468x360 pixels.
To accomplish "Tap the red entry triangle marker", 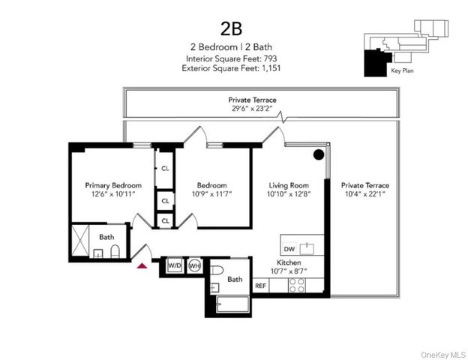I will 142,263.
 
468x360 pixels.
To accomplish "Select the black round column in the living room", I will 318,155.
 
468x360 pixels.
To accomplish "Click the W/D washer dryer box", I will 174,266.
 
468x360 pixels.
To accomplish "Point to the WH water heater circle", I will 193,266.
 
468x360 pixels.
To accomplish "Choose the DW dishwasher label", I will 289,249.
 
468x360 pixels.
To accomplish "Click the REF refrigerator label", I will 261,285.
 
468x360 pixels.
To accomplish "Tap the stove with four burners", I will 297,285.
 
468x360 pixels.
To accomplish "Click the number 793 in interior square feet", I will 268,58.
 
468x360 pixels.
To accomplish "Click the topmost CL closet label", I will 165,169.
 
